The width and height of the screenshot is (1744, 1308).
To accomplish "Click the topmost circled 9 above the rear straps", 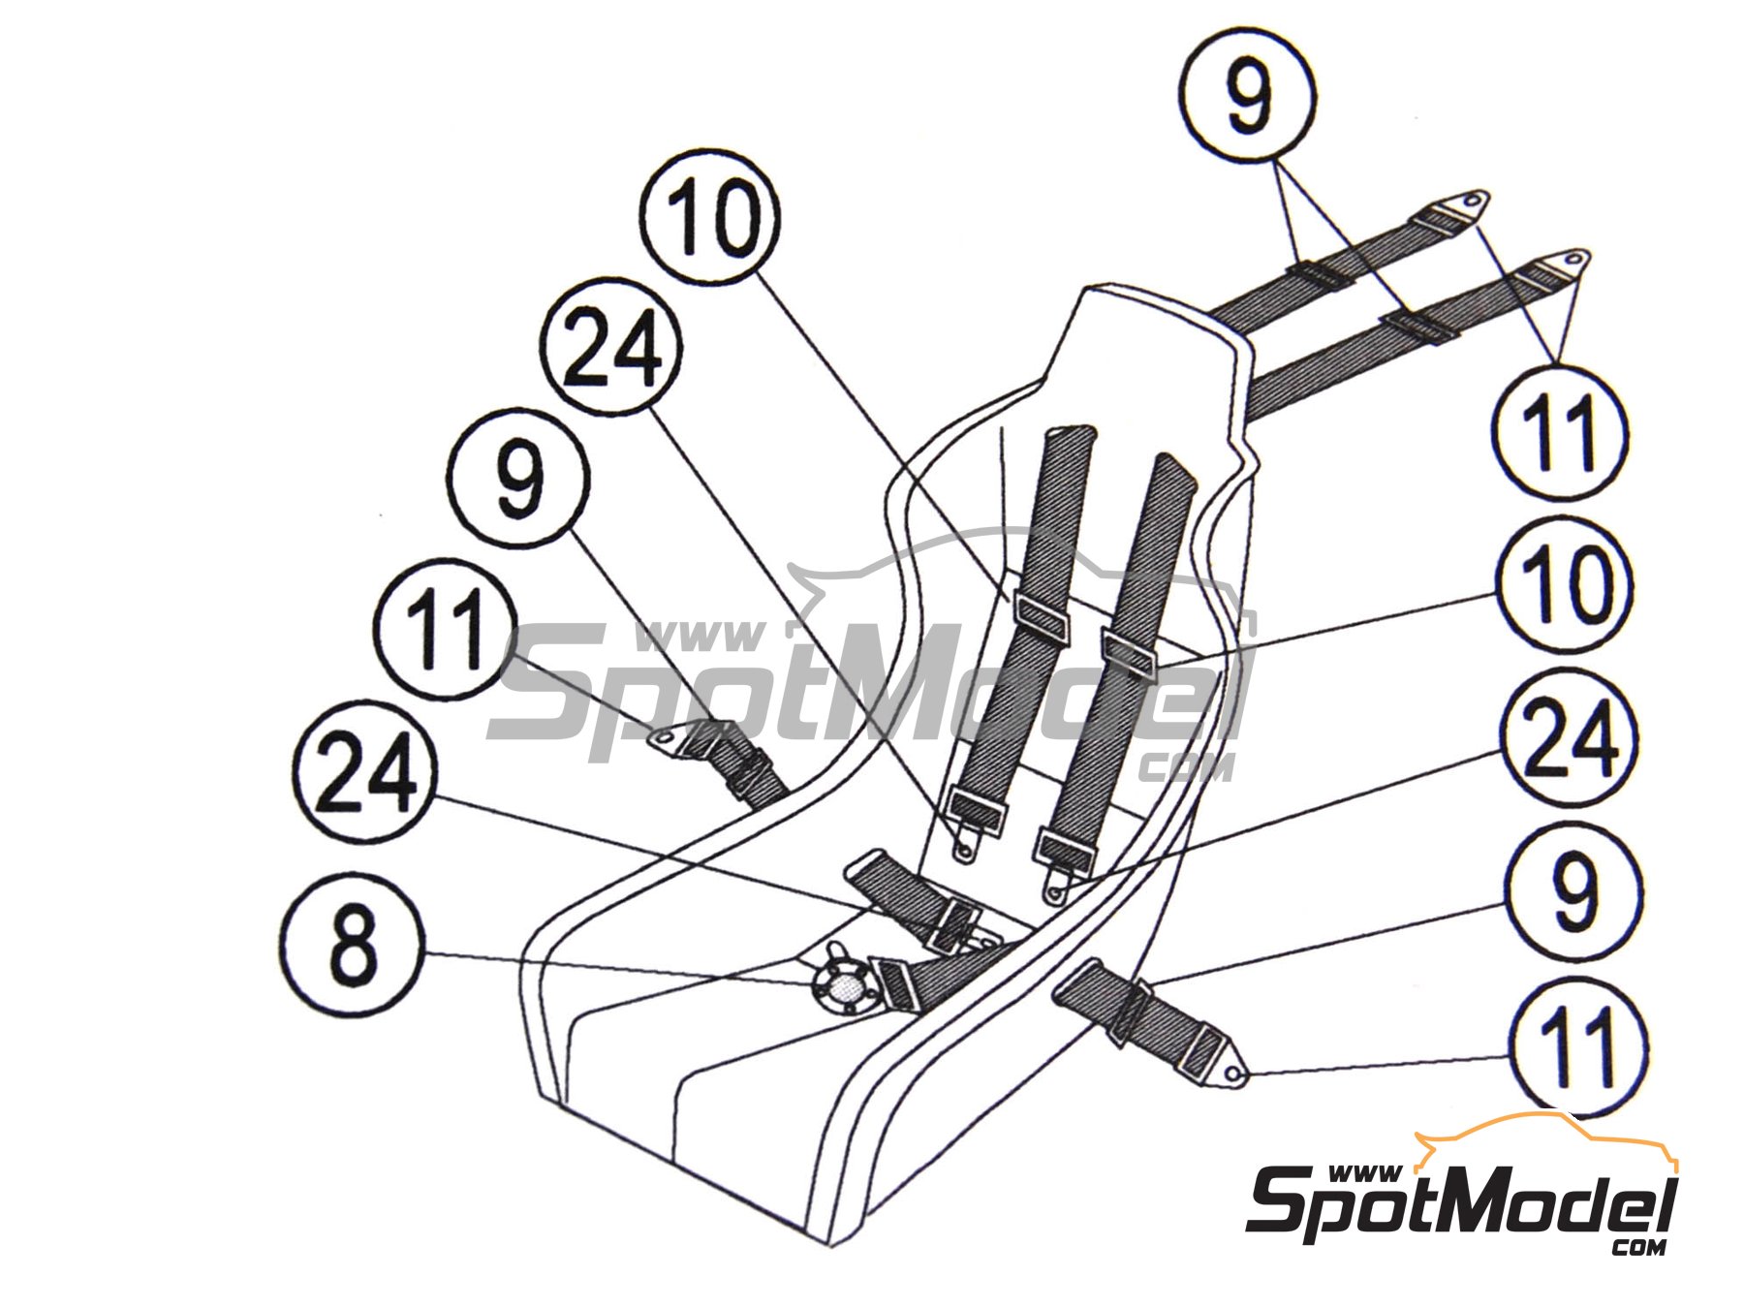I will (1250, 94).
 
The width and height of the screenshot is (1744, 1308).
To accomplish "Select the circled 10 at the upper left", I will (710, 217).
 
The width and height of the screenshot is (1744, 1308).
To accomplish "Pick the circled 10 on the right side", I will (1564, 585).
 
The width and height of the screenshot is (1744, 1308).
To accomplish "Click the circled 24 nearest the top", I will (610, 350).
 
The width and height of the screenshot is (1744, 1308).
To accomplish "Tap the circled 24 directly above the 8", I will (364, 771).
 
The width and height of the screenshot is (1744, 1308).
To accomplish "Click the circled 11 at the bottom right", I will (1576, 1047).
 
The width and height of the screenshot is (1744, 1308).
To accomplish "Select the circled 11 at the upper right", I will (1559, 432).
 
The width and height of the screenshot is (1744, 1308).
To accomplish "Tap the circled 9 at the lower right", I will (1573, 891).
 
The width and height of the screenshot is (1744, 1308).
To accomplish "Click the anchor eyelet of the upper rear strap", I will (1471, 201).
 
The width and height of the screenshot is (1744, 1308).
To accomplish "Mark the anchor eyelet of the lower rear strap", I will (1573, 260).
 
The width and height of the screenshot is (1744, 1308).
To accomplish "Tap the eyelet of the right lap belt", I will (1232, 1074).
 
